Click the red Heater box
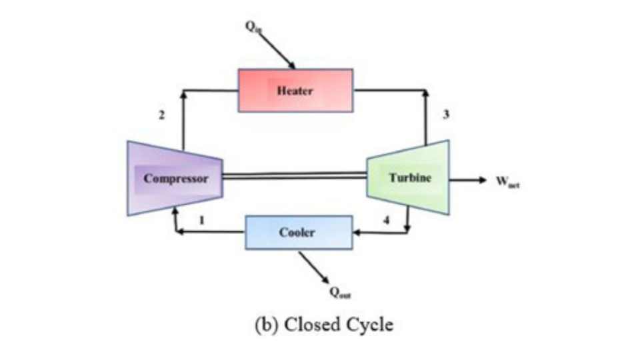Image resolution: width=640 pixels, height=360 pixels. [296, 91]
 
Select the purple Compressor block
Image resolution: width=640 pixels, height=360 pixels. [175, 179]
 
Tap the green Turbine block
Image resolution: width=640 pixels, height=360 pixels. [409, 178]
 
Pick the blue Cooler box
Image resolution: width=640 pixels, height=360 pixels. [299, 232]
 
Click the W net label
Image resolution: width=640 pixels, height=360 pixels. [507, 181]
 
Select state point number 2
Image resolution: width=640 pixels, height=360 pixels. [161, 115]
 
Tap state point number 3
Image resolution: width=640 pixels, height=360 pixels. [446, 115]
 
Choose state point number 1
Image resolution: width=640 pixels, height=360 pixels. [201, 219]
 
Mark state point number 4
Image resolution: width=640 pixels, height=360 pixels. [386, 219]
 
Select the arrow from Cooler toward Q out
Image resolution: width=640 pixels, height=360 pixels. [314, 267]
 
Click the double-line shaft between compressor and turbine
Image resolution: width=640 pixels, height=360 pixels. [294, 176]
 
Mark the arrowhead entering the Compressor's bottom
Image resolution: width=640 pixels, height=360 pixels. [175, 209]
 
